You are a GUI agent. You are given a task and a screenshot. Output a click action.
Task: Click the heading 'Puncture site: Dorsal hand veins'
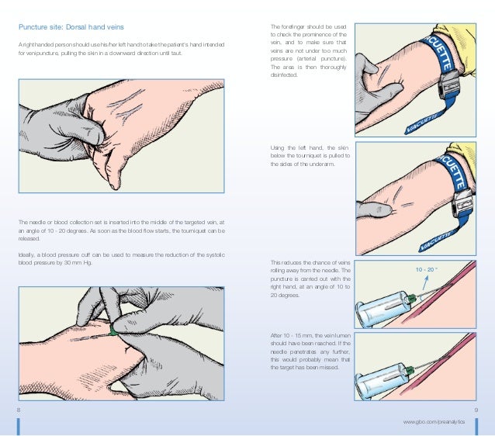pos(71,27)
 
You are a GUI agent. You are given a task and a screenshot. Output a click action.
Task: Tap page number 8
pos(19,410)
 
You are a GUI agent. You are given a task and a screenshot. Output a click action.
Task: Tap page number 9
pos(476,410)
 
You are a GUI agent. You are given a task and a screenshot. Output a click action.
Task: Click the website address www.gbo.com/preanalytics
pos(434,422)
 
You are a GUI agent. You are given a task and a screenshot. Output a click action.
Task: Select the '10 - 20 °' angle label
pos(427,270)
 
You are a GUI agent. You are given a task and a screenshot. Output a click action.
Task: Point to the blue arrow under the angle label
pos(425,283)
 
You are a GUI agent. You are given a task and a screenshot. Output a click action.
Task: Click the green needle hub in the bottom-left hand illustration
pos(112,330)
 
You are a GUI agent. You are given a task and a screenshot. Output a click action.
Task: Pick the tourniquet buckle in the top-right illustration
pos(449,85)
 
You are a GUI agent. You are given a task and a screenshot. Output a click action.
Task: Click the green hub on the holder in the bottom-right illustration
pos(410,370)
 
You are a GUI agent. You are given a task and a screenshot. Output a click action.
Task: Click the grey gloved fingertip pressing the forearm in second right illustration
pos(385,209)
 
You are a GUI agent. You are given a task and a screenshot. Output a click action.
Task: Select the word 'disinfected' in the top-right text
pos(284,75)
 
